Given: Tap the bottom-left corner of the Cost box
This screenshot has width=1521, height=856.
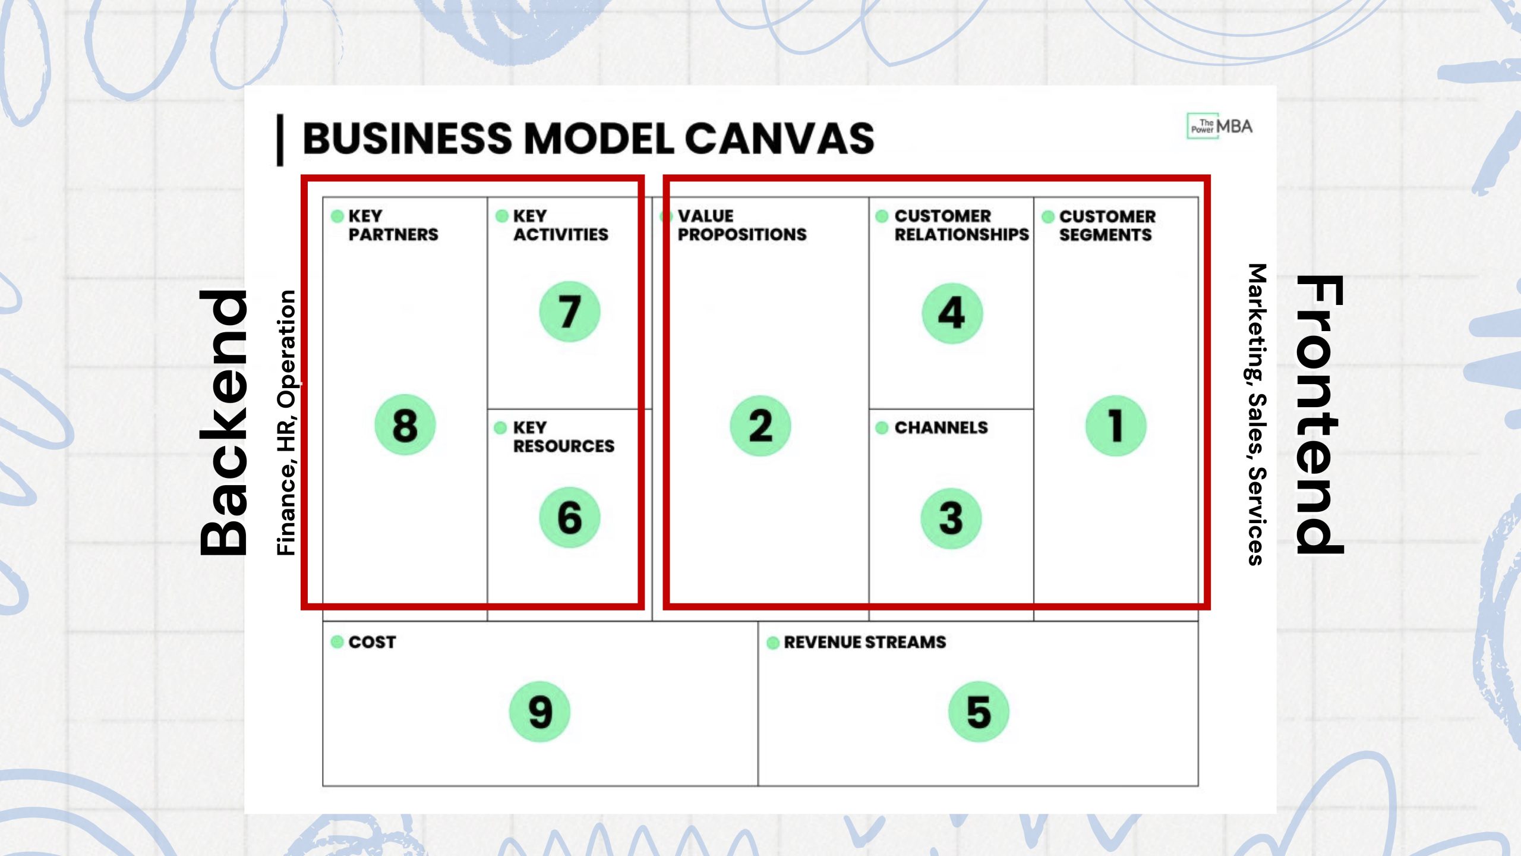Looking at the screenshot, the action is coord(323,786).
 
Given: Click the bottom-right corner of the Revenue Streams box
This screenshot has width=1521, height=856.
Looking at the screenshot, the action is coord(1198,786).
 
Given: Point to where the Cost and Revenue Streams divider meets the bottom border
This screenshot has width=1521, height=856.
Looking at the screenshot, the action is coord(758,786).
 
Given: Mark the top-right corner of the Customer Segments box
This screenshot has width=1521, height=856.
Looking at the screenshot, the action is coord(1198,197).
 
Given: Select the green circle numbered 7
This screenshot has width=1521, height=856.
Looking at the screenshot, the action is coord(569,311).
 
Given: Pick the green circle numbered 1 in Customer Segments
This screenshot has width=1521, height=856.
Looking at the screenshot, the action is coord(1116,426).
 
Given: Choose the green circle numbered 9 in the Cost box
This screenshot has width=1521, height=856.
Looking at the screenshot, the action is coord(539,712).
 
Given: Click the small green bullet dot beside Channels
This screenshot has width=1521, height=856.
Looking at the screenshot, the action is coord(882,427).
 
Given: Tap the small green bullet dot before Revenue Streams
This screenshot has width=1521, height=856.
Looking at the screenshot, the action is coord(773,643).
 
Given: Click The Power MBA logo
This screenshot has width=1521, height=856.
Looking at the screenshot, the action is coord(1219,126).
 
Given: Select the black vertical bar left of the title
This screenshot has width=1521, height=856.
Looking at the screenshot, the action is coord(280,140).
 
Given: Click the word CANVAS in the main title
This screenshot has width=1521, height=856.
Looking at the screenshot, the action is coord(780,139).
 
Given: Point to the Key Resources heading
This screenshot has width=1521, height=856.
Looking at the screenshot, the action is coord(563,437).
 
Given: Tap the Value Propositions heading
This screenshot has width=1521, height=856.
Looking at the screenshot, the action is coord(742,225).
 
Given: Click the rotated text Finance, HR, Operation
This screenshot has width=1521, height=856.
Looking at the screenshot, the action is coord(286,423).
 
